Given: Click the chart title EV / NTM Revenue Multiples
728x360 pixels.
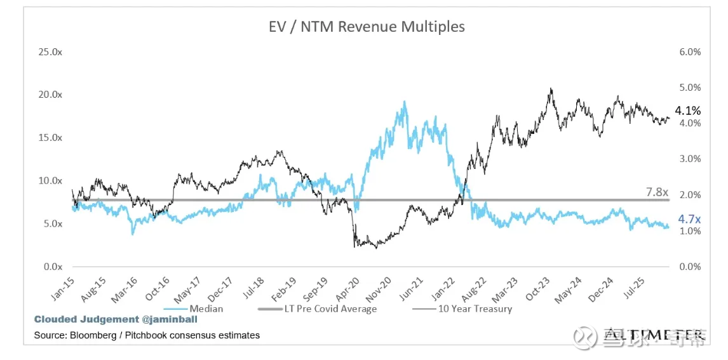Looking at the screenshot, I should (364, 27).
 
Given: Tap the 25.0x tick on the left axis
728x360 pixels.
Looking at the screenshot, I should (51, 51).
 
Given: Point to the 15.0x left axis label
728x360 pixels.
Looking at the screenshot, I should (51, 138).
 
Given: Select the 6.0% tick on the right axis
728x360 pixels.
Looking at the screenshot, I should (690, 51).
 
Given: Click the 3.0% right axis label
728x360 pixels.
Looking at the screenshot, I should (690, 159).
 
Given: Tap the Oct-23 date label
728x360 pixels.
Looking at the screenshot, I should (532, 287).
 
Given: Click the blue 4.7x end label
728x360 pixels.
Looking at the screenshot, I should (690, 219).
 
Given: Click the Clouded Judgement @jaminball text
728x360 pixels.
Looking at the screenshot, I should (116, 319).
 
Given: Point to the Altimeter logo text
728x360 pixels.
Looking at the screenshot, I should (654, 334).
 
